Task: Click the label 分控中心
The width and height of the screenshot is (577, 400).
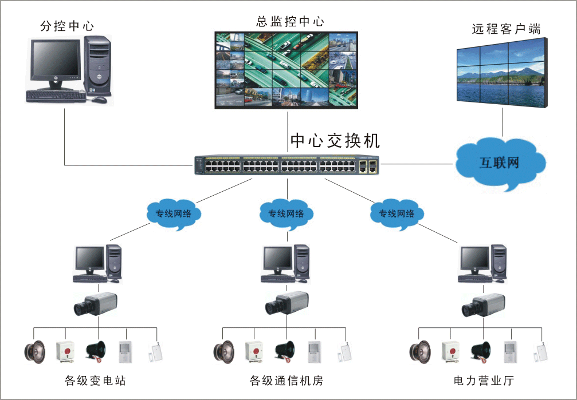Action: tap(67, 26)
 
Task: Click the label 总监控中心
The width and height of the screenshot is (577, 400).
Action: tap(290, 22)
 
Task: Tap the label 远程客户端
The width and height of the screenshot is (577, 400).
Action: tap(506, 29)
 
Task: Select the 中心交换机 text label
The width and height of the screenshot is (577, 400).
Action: tap(335, 141)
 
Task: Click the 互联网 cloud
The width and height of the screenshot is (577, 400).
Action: tap(499, 163)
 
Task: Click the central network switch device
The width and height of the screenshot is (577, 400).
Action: tap(286, 165)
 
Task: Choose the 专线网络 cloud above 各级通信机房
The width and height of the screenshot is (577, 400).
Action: tap(286, 214)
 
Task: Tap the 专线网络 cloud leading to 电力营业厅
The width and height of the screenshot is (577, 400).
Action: tap(396, 214)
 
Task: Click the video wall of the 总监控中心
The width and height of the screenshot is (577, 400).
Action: tap(286, 69)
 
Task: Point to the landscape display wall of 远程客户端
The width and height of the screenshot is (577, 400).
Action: tap(502, 73)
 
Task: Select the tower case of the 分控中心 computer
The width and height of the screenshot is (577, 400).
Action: tap(97, 65)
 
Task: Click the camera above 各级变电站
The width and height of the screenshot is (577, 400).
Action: tap(95, 304)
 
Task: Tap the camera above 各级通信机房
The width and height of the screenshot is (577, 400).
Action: tap(286, 303)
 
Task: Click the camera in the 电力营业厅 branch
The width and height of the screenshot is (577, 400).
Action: tap(484, 304)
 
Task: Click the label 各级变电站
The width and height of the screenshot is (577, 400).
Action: tap(95, 381)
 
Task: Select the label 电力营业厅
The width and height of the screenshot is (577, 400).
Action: tap(484, 381)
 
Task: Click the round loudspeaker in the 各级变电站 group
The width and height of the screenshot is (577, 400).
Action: tap(35, 350)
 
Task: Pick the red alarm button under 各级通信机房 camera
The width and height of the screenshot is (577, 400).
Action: tap(254, 350)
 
